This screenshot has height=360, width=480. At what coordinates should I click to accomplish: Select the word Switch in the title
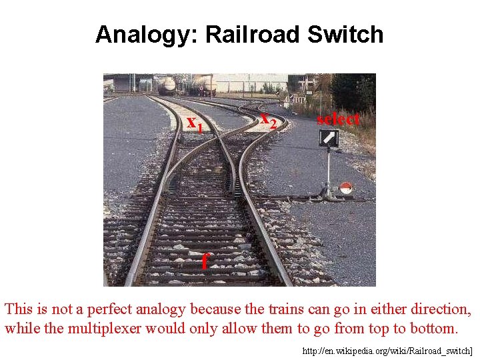(x=345, y=35)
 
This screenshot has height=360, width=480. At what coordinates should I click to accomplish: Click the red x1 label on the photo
(x=194, y=123)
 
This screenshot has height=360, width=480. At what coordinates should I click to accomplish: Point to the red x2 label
(x=268, y=119)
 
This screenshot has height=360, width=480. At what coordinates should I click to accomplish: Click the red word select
(x=338, y=119)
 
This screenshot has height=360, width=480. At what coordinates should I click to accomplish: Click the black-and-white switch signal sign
(x=329, y=138)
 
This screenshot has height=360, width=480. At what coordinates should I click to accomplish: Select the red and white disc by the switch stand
(x=345, y=188)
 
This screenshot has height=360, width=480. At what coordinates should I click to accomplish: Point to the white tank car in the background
(x=166, y=85)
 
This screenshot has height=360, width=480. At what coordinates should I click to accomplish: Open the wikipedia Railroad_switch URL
(x=387, y=351)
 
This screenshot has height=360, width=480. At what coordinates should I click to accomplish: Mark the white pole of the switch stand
(x=328, y=170)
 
